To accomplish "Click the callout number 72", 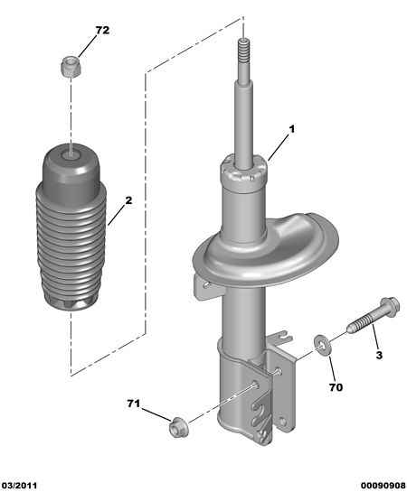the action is (102, 31).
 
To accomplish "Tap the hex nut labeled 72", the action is (71, 66).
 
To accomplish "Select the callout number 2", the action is (128, 200).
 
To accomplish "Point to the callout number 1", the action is (292, 129).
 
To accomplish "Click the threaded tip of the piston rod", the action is (244, 51).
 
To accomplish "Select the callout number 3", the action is (379, 355).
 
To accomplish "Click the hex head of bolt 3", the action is (390, 307).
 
